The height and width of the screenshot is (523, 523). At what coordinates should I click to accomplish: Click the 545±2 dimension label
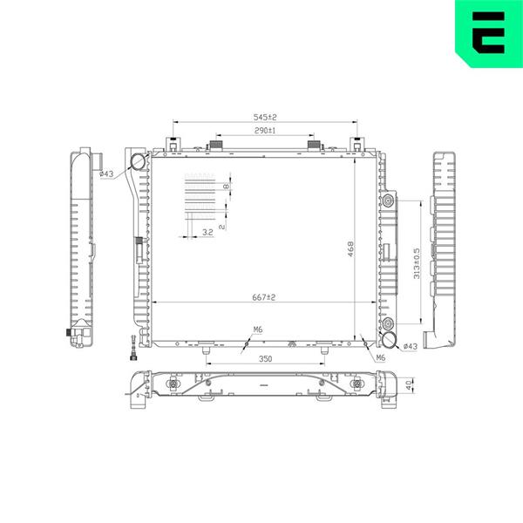click(x=265, y=118)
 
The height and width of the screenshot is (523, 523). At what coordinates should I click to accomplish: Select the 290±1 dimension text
click(x=265, y=131)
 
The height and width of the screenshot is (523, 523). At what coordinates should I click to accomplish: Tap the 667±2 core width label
click(x=264, y=297)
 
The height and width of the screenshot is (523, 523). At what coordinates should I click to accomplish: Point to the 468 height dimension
click(x=350, y=248)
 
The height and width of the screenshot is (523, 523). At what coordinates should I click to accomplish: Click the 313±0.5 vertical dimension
click(x=417, y=263)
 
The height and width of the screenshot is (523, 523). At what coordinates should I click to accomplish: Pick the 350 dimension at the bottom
click(x=266, y=359)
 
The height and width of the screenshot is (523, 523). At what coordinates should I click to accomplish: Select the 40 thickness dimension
click(x=409, y=385)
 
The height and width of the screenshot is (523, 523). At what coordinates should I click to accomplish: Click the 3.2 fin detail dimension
click(x=207, y=232)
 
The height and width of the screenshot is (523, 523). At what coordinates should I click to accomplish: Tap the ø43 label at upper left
click(x=106, y=173)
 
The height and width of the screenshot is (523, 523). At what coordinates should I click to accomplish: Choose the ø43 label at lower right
click(x=411, y=347)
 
